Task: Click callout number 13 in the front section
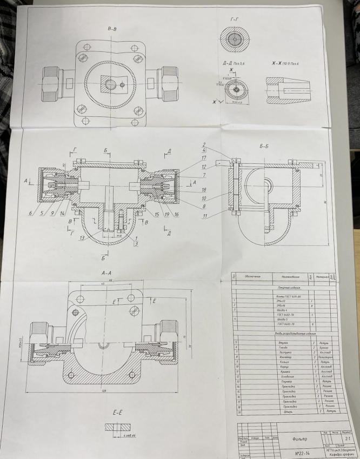(x=81, y=237)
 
